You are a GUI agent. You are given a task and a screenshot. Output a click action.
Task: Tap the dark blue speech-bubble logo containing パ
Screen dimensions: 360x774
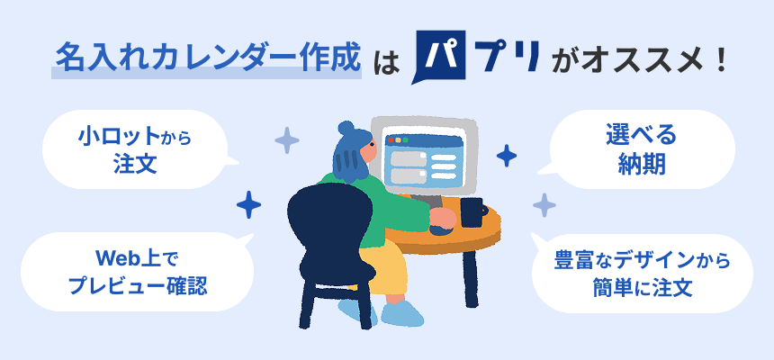[441, 59]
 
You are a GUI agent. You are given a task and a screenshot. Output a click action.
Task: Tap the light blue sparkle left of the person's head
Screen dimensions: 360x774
[287, 140]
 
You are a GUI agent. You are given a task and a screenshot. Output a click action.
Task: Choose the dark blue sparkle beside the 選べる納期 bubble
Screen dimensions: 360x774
[507, 156]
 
